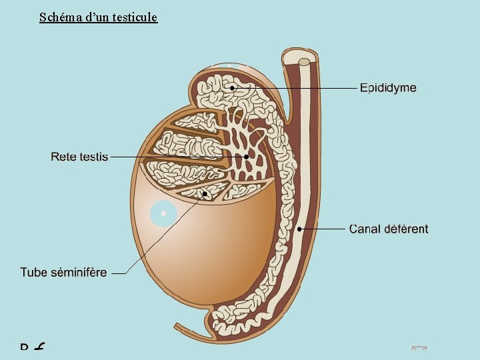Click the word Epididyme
tap(388, 88)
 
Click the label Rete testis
tap(79, 157)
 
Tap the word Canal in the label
tap(365, 229)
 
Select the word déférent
tap(406, 229)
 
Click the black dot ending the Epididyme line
tap(232, 87)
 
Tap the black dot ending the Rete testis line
tap(246, 157)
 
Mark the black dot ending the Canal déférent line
tap(300, 229)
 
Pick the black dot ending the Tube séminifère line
tap(205, 194)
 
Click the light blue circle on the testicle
tap(163, 214)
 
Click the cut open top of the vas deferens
tap(303, 62)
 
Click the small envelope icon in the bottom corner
tap(419, 349)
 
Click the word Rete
tap(63, 157)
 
